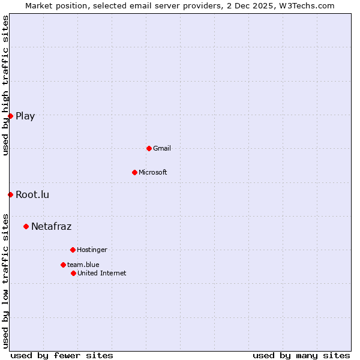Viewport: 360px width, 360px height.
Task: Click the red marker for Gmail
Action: pyautogui.click(x=149, y=148)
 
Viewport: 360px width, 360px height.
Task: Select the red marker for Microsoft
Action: pyautogui.click(x=134, y=172)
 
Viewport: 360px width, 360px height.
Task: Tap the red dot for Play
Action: pyautogui.click(x=10, y=116)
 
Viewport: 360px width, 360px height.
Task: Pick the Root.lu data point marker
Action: pyautogui.click(x=10, y=194)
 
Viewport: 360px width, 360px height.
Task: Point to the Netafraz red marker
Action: pyautogui.click(x=26, y=226)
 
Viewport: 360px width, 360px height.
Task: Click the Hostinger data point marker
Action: pyautogui.click(x=73, y=250)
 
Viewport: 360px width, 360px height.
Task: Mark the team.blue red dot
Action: pyautogui.click(x=63, y=265)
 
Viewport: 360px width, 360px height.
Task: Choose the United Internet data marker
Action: pyautogui.click(x=73, y=273)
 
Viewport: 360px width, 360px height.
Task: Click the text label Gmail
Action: pyautogui.click(x=162, y=149)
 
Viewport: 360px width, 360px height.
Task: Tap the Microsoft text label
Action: pyautogui.click(x=153, y=173)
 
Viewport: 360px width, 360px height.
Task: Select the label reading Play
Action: pyautogui.click(x=25, y=116)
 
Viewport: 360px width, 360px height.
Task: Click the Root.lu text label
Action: pyautogui.click(x=32, y=195)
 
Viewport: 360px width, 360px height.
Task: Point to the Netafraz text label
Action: pyautogui.click(x=51, y=227)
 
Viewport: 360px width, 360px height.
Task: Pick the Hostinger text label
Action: pyautogui.click(x=92, y=250)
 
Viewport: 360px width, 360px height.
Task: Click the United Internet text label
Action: pyautogui.click(x=102, y=274)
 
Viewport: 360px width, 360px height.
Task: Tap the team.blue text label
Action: pyautogui.click(x=83, y=265)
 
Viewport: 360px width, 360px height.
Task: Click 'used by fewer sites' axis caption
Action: pyautogui.click(x=62, y=355)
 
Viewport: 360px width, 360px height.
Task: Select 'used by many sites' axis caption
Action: pyautogui.click(x=301, y=355)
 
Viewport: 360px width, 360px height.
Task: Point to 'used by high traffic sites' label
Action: pyautogui.click(x=5, y=86)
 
